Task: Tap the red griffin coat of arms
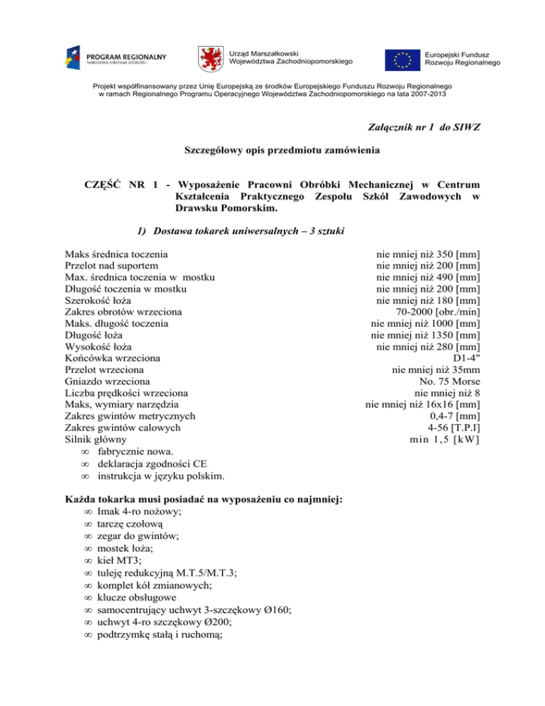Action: coord(212,58)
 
